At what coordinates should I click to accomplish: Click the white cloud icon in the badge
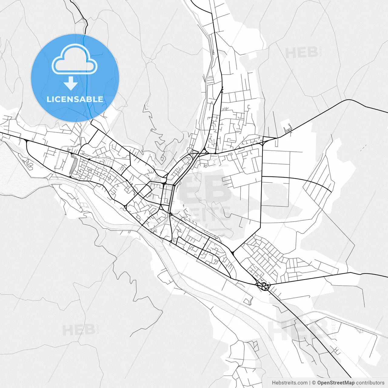75,59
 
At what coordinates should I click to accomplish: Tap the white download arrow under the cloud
71,83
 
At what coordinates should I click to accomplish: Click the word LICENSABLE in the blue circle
75,99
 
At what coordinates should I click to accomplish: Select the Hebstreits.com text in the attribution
289,383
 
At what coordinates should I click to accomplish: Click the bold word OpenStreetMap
336,383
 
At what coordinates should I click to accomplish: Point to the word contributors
370,383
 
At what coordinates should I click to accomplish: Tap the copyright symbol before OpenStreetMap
314,383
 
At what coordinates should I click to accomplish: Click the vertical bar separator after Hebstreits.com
310,383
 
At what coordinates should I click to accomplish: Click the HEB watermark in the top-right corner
302,53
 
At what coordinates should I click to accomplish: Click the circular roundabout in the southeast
263,286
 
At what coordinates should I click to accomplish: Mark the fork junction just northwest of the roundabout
232,252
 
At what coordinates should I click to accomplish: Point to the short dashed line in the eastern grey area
363,147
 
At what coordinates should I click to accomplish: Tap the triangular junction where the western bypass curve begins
27,141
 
